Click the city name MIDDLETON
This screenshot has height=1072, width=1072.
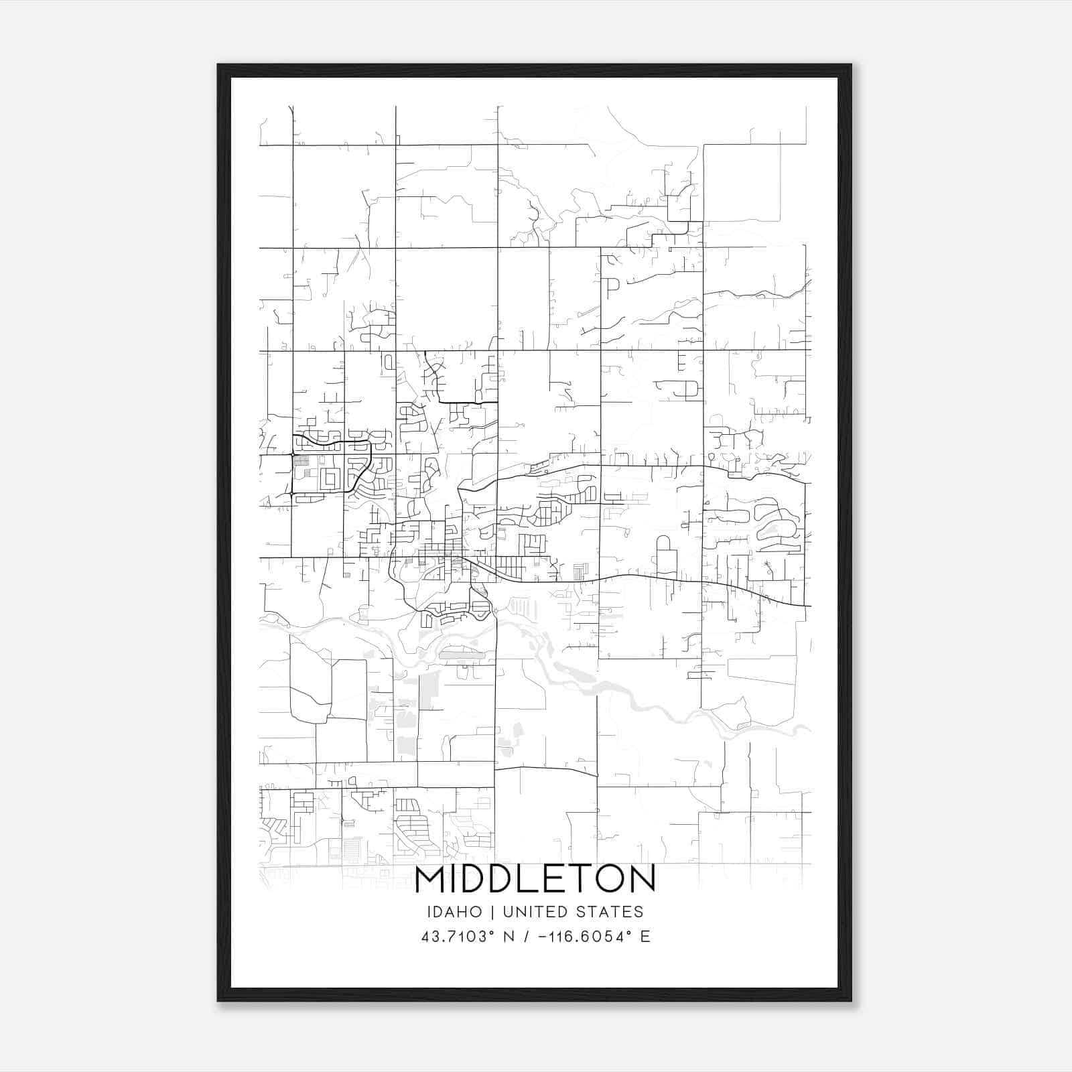coord(535,880)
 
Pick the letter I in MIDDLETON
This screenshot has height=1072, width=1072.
coord(456,880)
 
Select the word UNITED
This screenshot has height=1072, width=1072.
coord(536,912)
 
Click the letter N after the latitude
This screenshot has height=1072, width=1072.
coord(510,937)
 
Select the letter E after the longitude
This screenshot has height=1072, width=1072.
coord(646,937)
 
